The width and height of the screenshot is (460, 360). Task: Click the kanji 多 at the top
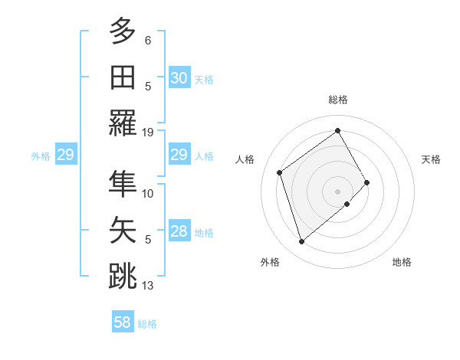coord(123,32)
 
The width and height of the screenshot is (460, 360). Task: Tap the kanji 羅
coord(123,123)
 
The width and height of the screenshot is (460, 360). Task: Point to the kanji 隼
coord(123,185)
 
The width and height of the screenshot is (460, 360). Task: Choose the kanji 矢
coord(123,231)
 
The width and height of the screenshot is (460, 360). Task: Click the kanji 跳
coord(123,277)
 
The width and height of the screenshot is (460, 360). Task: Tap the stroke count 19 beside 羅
coord(148,132)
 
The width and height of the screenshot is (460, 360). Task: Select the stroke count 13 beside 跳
coord(148,286)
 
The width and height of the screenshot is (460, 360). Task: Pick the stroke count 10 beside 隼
coord(148,194)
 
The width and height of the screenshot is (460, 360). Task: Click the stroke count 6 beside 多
coord(148,40)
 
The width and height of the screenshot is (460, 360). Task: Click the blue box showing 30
coord(179,78)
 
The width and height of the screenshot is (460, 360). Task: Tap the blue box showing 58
coord(123,322)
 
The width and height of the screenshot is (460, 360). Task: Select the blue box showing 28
coord(179,232)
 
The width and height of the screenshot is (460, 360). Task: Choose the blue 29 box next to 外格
coord(65,155)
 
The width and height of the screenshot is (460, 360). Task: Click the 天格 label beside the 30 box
coord(204,79)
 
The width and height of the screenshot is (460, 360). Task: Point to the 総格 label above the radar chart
coord(337,100)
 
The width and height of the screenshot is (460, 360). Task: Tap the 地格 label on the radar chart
coord(402,262)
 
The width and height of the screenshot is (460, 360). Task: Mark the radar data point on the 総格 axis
coord(337,130)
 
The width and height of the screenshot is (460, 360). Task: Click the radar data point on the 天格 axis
coord(367,182)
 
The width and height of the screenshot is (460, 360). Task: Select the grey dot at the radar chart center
coord(337,190)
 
